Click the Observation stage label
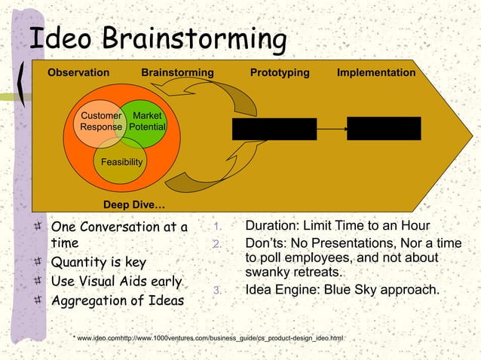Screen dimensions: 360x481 coord(78,73)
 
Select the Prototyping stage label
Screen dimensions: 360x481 coord(280,73)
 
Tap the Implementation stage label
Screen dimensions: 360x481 coord(375,73)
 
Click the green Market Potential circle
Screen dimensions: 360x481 coord(147,121)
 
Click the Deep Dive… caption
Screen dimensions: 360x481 coord(133,205)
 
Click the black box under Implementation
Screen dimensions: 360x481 coord(383,128)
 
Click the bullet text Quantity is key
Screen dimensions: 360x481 coord(98,263)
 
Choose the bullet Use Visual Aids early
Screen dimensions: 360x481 coord(116,282)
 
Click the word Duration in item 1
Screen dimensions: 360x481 coord(271,227)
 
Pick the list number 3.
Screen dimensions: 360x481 coord(216,291)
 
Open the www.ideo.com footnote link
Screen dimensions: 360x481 coord(99,338)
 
